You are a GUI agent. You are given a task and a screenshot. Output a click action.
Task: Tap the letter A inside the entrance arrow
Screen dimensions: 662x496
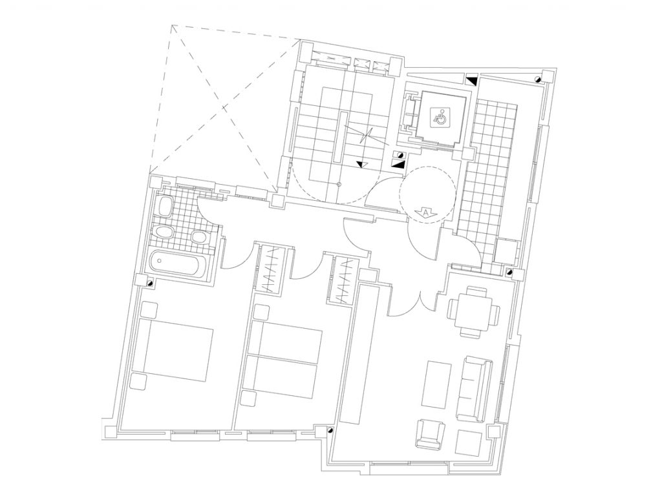tap(426, 212)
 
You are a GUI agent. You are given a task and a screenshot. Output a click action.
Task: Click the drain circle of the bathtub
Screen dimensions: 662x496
tap(159, 260)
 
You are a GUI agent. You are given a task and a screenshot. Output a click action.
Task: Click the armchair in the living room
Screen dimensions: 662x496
tap(430, 433)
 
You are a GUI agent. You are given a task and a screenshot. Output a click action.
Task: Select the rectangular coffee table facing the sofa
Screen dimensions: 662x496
tap(436, 384)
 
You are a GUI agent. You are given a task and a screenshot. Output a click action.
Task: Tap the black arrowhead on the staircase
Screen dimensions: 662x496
tap(360, 165)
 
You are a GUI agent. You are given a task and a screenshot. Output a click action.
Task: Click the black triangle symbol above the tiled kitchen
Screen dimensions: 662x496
tap(471, 79)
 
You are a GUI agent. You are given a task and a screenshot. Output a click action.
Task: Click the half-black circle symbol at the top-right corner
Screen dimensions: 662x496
tap(538, 79)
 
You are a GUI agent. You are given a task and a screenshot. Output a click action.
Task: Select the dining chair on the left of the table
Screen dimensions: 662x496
tap(452, 311)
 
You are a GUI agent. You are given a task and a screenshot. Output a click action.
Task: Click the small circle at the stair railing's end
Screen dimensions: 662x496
tap(339, 184)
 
